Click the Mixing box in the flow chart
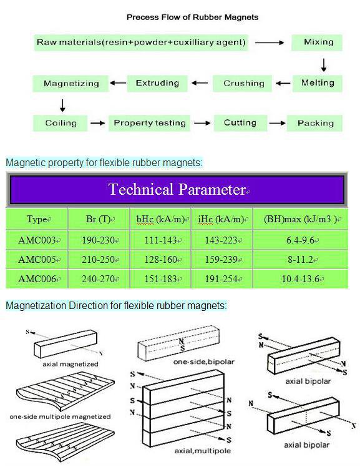316,42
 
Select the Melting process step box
317,83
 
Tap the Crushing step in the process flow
243,84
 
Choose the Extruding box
157,84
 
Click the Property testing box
149,123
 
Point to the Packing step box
314,123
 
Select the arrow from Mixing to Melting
324,65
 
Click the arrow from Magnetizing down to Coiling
62,106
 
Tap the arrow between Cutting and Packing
277,123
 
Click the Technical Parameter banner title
177,189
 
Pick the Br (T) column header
99,219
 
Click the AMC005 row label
37,260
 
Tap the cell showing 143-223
221,240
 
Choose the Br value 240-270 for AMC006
99,279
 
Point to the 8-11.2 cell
301,260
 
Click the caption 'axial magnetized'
71,364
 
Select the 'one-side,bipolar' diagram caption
204,362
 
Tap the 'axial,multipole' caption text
203,451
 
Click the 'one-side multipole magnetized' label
60,416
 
